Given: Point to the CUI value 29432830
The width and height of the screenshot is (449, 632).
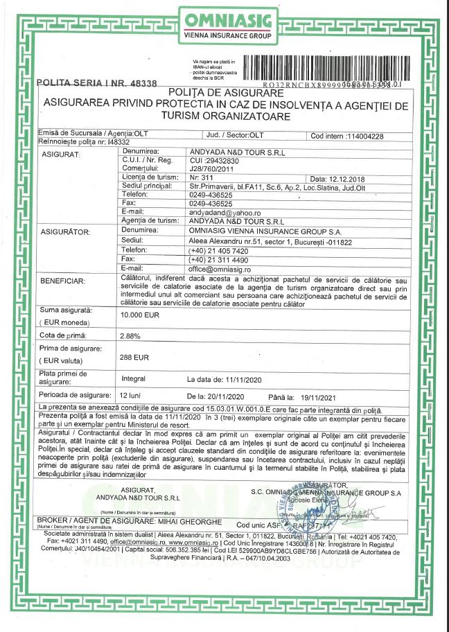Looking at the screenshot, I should pos(214,160).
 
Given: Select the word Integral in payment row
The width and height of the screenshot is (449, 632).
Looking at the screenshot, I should pos(134,379).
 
